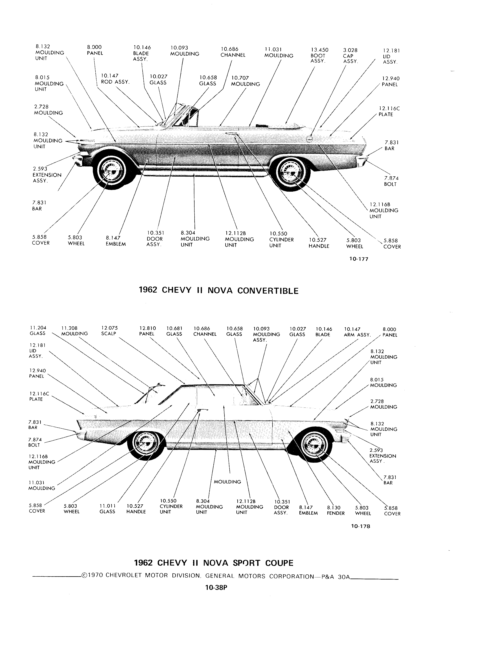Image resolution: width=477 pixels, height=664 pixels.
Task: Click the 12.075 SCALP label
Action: tap(109, 331)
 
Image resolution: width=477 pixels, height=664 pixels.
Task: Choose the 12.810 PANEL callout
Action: tap(147, 331)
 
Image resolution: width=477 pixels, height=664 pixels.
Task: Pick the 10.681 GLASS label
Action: tap(174, 331)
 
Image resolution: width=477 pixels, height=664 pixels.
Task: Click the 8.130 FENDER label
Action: tap(335, 510)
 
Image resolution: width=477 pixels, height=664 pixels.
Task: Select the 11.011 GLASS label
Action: tap(108, 509)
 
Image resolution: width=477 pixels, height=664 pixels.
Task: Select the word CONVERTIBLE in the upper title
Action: tap(268, 290)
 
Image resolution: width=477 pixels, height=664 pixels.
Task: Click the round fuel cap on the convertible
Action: tap(309, 139)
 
